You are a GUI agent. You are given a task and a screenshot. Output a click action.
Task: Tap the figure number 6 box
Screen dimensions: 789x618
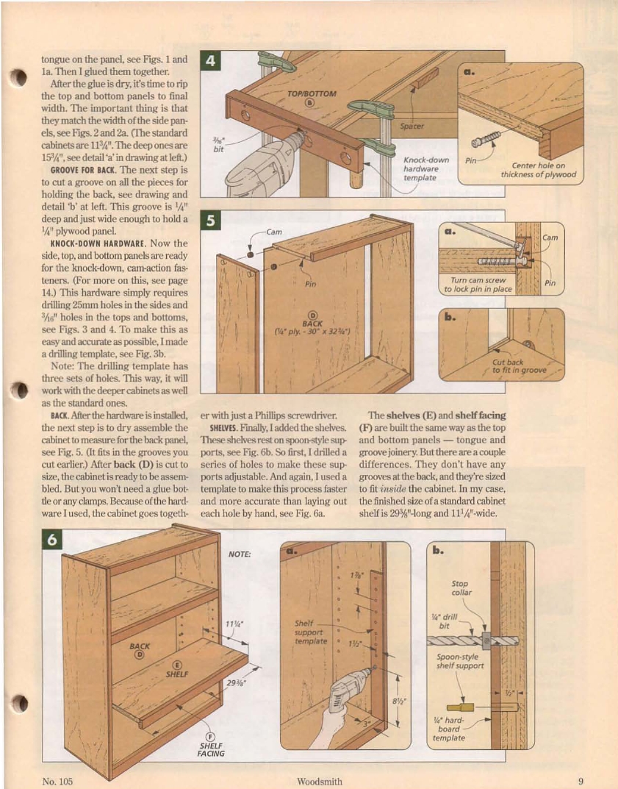point(52,538)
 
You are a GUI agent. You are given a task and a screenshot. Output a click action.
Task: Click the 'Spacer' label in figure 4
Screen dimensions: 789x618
point(412,126)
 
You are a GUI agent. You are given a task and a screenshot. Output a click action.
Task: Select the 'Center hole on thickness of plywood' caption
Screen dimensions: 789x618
point(539,170)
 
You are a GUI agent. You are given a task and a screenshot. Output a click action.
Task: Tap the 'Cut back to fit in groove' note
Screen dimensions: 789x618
point(519,365)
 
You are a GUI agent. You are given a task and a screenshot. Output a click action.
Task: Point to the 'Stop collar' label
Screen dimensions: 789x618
point(461,588)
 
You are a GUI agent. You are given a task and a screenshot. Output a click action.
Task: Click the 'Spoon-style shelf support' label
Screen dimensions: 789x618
point(460,662)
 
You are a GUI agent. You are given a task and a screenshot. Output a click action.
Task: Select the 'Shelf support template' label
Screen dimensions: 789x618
point(309,632)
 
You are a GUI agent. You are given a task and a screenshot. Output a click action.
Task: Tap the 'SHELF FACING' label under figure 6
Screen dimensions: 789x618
point(210,749)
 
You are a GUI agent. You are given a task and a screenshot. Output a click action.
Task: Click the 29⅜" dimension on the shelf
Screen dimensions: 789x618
point(236,681)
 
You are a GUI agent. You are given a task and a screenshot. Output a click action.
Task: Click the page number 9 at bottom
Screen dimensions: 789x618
point(581,782)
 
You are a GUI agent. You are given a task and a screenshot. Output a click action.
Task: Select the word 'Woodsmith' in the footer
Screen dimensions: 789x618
point(320,782)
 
